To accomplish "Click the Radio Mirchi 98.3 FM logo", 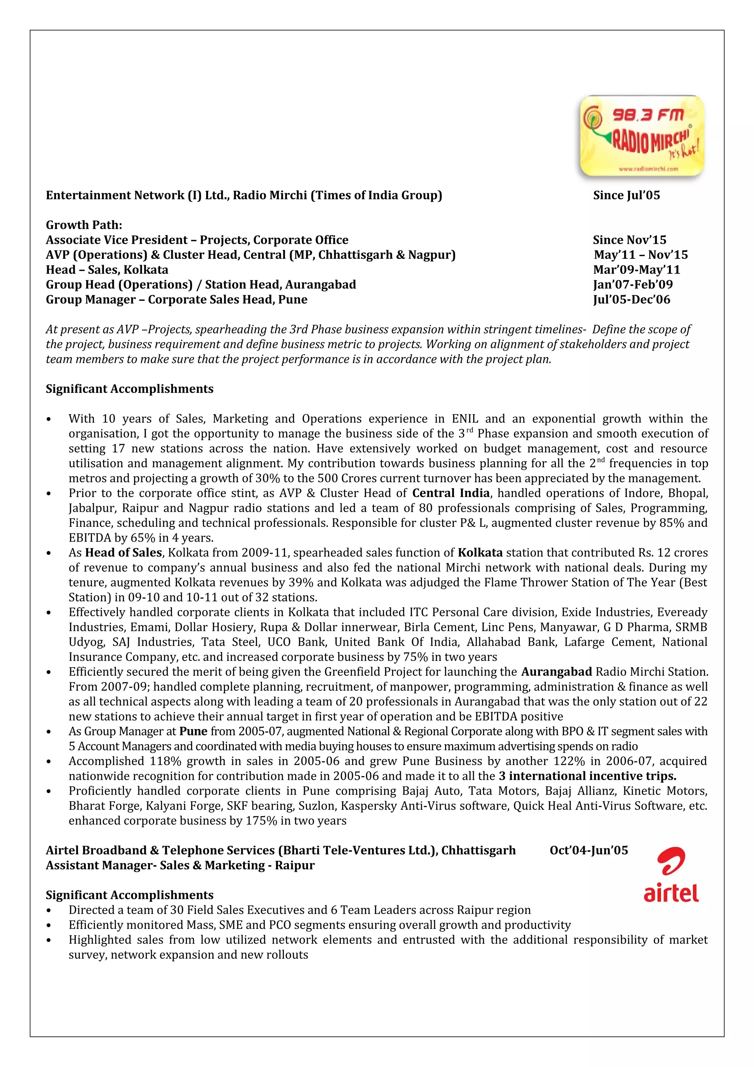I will click(x=642, y=136).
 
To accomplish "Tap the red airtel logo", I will click(x=671, y=874).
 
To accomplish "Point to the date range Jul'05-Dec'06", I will click(x=631, y=299).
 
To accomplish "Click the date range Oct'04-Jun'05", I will click(x=589, y=850).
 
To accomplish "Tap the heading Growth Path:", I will click(x=84, y=225).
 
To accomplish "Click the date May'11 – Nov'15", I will click(x=641, y=255).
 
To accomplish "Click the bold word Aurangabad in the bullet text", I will click(x=556, y=672).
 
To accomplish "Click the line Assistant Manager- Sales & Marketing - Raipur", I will click(x=180, y=865).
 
